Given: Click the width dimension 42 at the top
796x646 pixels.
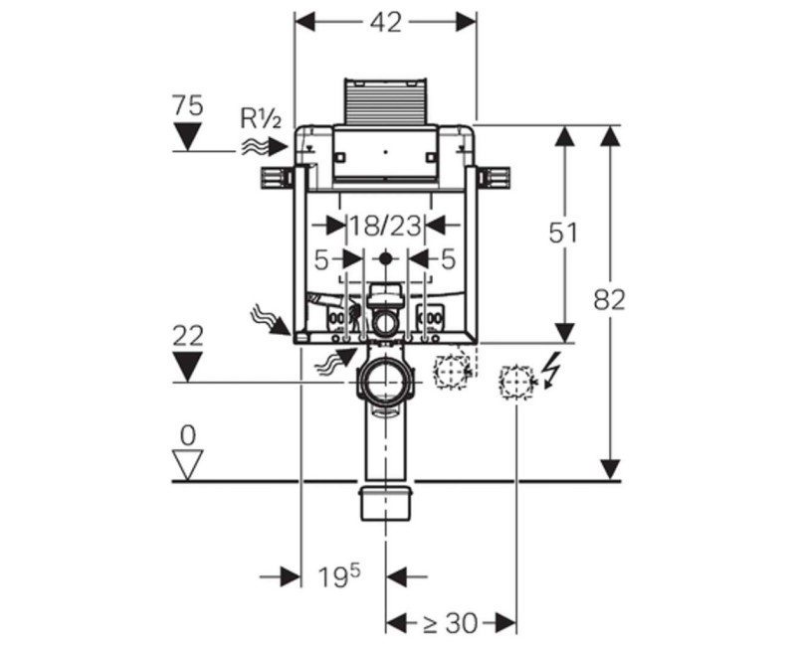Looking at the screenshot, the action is (x=385, y=22).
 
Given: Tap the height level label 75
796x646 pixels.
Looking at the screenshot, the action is (x=187, y=106).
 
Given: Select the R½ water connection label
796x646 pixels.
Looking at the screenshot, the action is (x=260, y=119).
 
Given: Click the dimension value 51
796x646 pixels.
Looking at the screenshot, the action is (x=563, y=233).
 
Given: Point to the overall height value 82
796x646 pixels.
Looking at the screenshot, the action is (x=609, y=300).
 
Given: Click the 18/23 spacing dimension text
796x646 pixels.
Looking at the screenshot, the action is (x=385, y=226).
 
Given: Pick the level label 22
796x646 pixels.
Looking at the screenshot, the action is (x=188, y=336).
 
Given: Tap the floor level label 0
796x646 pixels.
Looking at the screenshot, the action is (x=188, y=435).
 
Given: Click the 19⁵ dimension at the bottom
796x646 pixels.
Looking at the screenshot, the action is (x=339, y=575).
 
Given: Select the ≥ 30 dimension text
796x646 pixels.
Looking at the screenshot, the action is (x=450, y=622).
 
